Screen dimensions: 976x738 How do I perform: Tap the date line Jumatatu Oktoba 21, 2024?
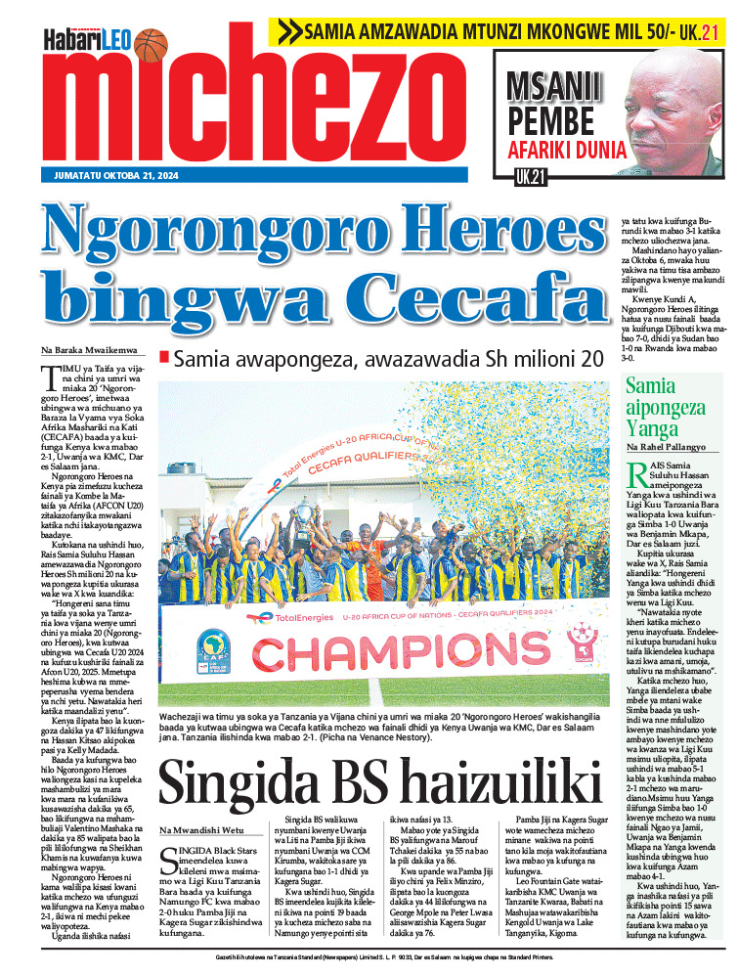[109, 177]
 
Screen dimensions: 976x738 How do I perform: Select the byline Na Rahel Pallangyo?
[672, 447]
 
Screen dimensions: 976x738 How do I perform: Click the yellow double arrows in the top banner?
[290, 31]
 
